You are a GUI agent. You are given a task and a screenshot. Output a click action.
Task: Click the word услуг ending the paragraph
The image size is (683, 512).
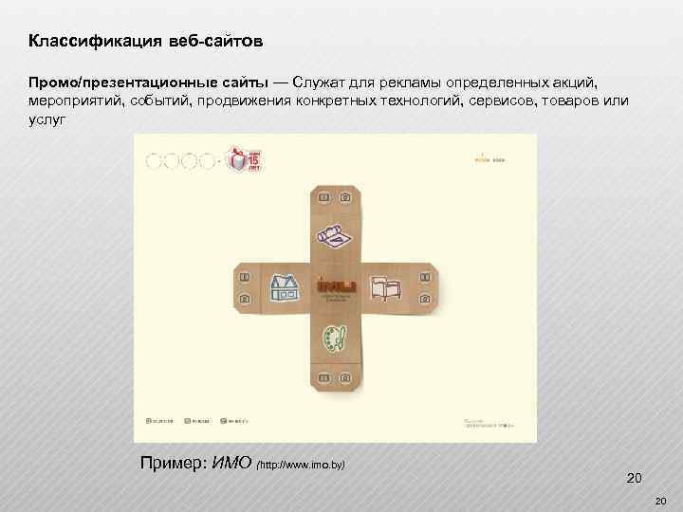coord(45,119)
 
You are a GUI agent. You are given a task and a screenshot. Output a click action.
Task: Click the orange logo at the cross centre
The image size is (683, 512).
coord(336,285)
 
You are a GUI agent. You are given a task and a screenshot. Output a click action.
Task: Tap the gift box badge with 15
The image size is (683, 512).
coord(244,159)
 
